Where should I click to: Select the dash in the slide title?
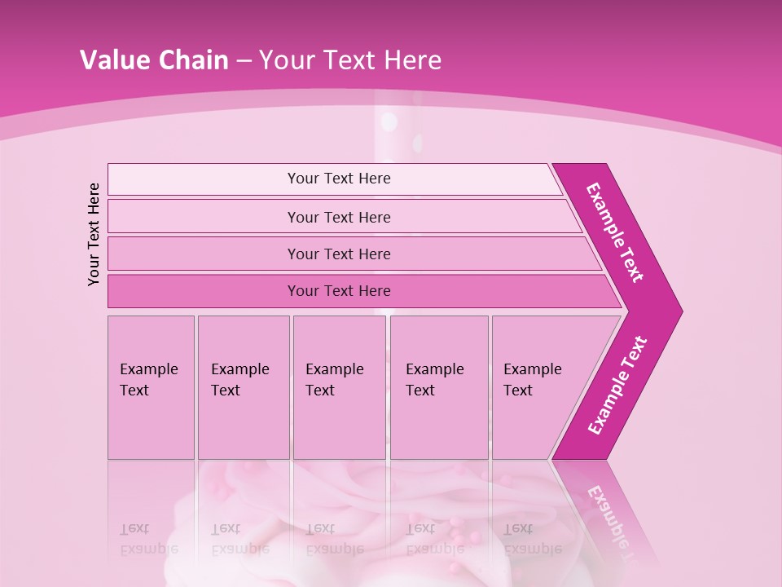point(244,61)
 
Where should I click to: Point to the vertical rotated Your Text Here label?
point(94,234)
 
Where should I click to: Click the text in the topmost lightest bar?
point(339,179)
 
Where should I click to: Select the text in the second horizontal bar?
point(339,218)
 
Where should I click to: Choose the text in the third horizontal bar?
point(339,254)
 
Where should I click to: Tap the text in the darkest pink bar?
point(339,291)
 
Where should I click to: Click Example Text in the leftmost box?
point(148,380)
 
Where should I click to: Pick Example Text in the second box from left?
point(239,380)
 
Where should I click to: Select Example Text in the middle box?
point(334,380)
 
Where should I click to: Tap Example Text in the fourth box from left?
point(434,380)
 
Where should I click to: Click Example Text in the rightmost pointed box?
point(532,380)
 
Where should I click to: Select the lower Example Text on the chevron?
point(617,386)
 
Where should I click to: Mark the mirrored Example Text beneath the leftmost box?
point(148,538)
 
